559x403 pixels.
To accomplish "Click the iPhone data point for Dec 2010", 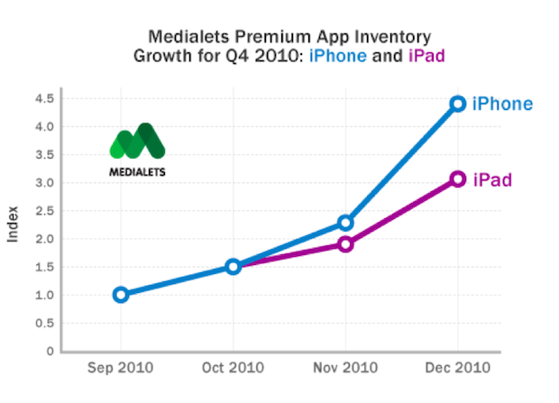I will coord(457,104).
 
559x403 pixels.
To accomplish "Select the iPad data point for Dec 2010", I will coord(457,179).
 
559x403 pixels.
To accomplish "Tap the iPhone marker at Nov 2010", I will coord(345,223).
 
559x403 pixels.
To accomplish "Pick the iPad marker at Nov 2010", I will coord(345,244).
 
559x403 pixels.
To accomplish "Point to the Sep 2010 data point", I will coord(121,294).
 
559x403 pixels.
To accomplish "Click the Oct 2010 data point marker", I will coord(234,266).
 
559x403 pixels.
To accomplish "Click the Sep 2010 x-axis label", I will coord(121,368).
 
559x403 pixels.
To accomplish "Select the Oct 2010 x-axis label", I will coord(234,368).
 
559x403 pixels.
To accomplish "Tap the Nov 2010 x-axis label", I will coord(345,368).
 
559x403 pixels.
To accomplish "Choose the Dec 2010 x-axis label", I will coord(458,368).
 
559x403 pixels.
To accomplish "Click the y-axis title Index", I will coord(13,224).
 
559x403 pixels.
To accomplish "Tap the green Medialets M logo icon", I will coord(136,142).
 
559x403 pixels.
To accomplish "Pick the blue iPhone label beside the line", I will coord(502,105).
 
